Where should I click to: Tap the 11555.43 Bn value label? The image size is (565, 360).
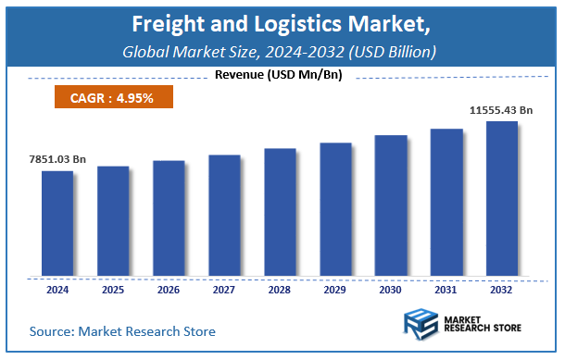501,110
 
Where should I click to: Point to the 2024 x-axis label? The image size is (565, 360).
56,289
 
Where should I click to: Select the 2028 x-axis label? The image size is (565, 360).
279,289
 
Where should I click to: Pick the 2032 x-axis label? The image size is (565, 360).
501,289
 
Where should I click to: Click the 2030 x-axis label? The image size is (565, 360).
390,289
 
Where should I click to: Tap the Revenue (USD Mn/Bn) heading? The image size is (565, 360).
278,75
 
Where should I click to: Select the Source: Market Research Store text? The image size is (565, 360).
122,331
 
